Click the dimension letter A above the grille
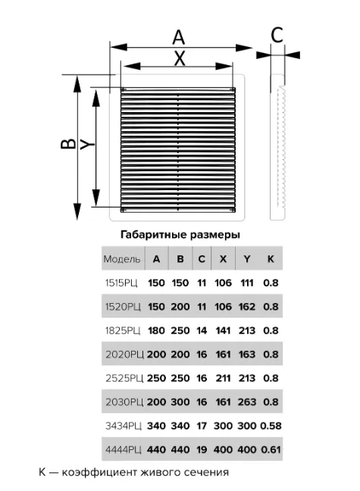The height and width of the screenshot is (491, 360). tap(179, 37)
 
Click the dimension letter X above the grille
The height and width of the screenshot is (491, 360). tap(180, 58)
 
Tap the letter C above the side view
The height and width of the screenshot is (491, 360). tap(277, 35)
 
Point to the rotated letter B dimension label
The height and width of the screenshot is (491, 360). tap(68, 143)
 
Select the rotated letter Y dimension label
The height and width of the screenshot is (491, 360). tap(87, 145)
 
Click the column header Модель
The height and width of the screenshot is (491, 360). tap(122, 259)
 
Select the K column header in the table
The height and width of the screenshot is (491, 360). tap(271, 259)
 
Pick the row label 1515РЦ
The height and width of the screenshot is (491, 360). tap(121, 283)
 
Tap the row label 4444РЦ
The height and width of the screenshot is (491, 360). tap(124, 449)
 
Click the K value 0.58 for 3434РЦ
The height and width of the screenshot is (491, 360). tap(271, 426)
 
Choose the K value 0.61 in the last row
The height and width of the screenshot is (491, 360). tap(271, 449)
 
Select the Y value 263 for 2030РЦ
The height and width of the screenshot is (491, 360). tap(247, 402)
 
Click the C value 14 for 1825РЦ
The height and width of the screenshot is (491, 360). tap(202, 330)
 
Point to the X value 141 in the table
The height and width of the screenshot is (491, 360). tap(223, 330)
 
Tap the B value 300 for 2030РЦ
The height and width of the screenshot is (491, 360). tap(180, 402)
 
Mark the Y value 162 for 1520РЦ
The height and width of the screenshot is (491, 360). tap(247, 307)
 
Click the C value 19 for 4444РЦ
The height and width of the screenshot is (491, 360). tap(202, 449)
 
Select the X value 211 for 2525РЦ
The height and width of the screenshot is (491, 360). tap(223, 378)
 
